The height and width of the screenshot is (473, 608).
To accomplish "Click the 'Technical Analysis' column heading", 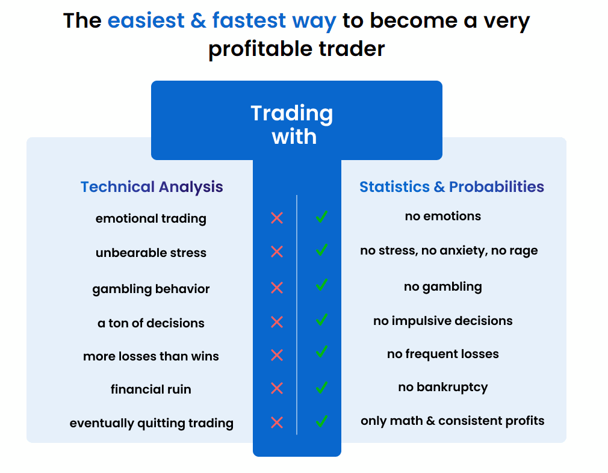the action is point(152,187).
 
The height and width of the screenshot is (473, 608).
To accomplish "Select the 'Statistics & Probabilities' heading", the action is point(451,187).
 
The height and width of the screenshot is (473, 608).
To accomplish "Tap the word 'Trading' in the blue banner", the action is point(291,114).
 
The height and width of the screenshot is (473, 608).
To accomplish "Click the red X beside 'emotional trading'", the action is point(277,218).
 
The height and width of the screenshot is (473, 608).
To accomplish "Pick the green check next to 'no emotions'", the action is point(321,216).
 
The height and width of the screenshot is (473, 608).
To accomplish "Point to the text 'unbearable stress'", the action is point(151,253).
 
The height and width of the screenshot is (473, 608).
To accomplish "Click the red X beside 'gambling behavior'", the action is point(277,288).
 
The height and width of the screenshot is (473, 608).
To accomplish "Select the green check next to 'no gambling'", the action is point(321,285).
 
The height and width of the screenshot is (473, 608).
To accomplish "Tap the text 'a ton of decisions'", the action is point(151,323).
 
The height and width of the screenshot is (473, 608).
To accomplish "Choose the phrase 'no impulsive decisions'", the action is point(443,321).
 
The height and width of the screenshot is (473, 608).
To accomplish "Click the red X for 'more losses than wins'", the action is point(277,355).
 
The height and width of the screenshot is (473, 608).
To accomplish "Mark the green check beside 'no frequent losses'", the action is point(321,351).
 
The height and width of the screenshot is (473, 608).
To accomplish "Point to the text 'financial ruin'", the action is point(151,389).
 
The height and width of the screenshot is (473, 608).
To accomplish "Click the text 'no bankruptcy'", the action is point(443,388).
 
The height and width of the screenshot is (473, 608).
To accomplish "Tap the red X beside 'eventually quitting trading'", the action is point(277,422).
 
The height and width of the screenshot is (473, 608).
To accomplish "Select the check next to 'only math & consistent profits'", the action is point(321,421).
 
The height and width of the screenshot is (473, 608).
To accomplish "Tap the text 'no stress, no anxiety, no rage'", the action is point(449,251).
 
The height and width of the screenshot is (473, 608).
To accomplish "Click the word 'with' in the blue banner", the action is point(294,137).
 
